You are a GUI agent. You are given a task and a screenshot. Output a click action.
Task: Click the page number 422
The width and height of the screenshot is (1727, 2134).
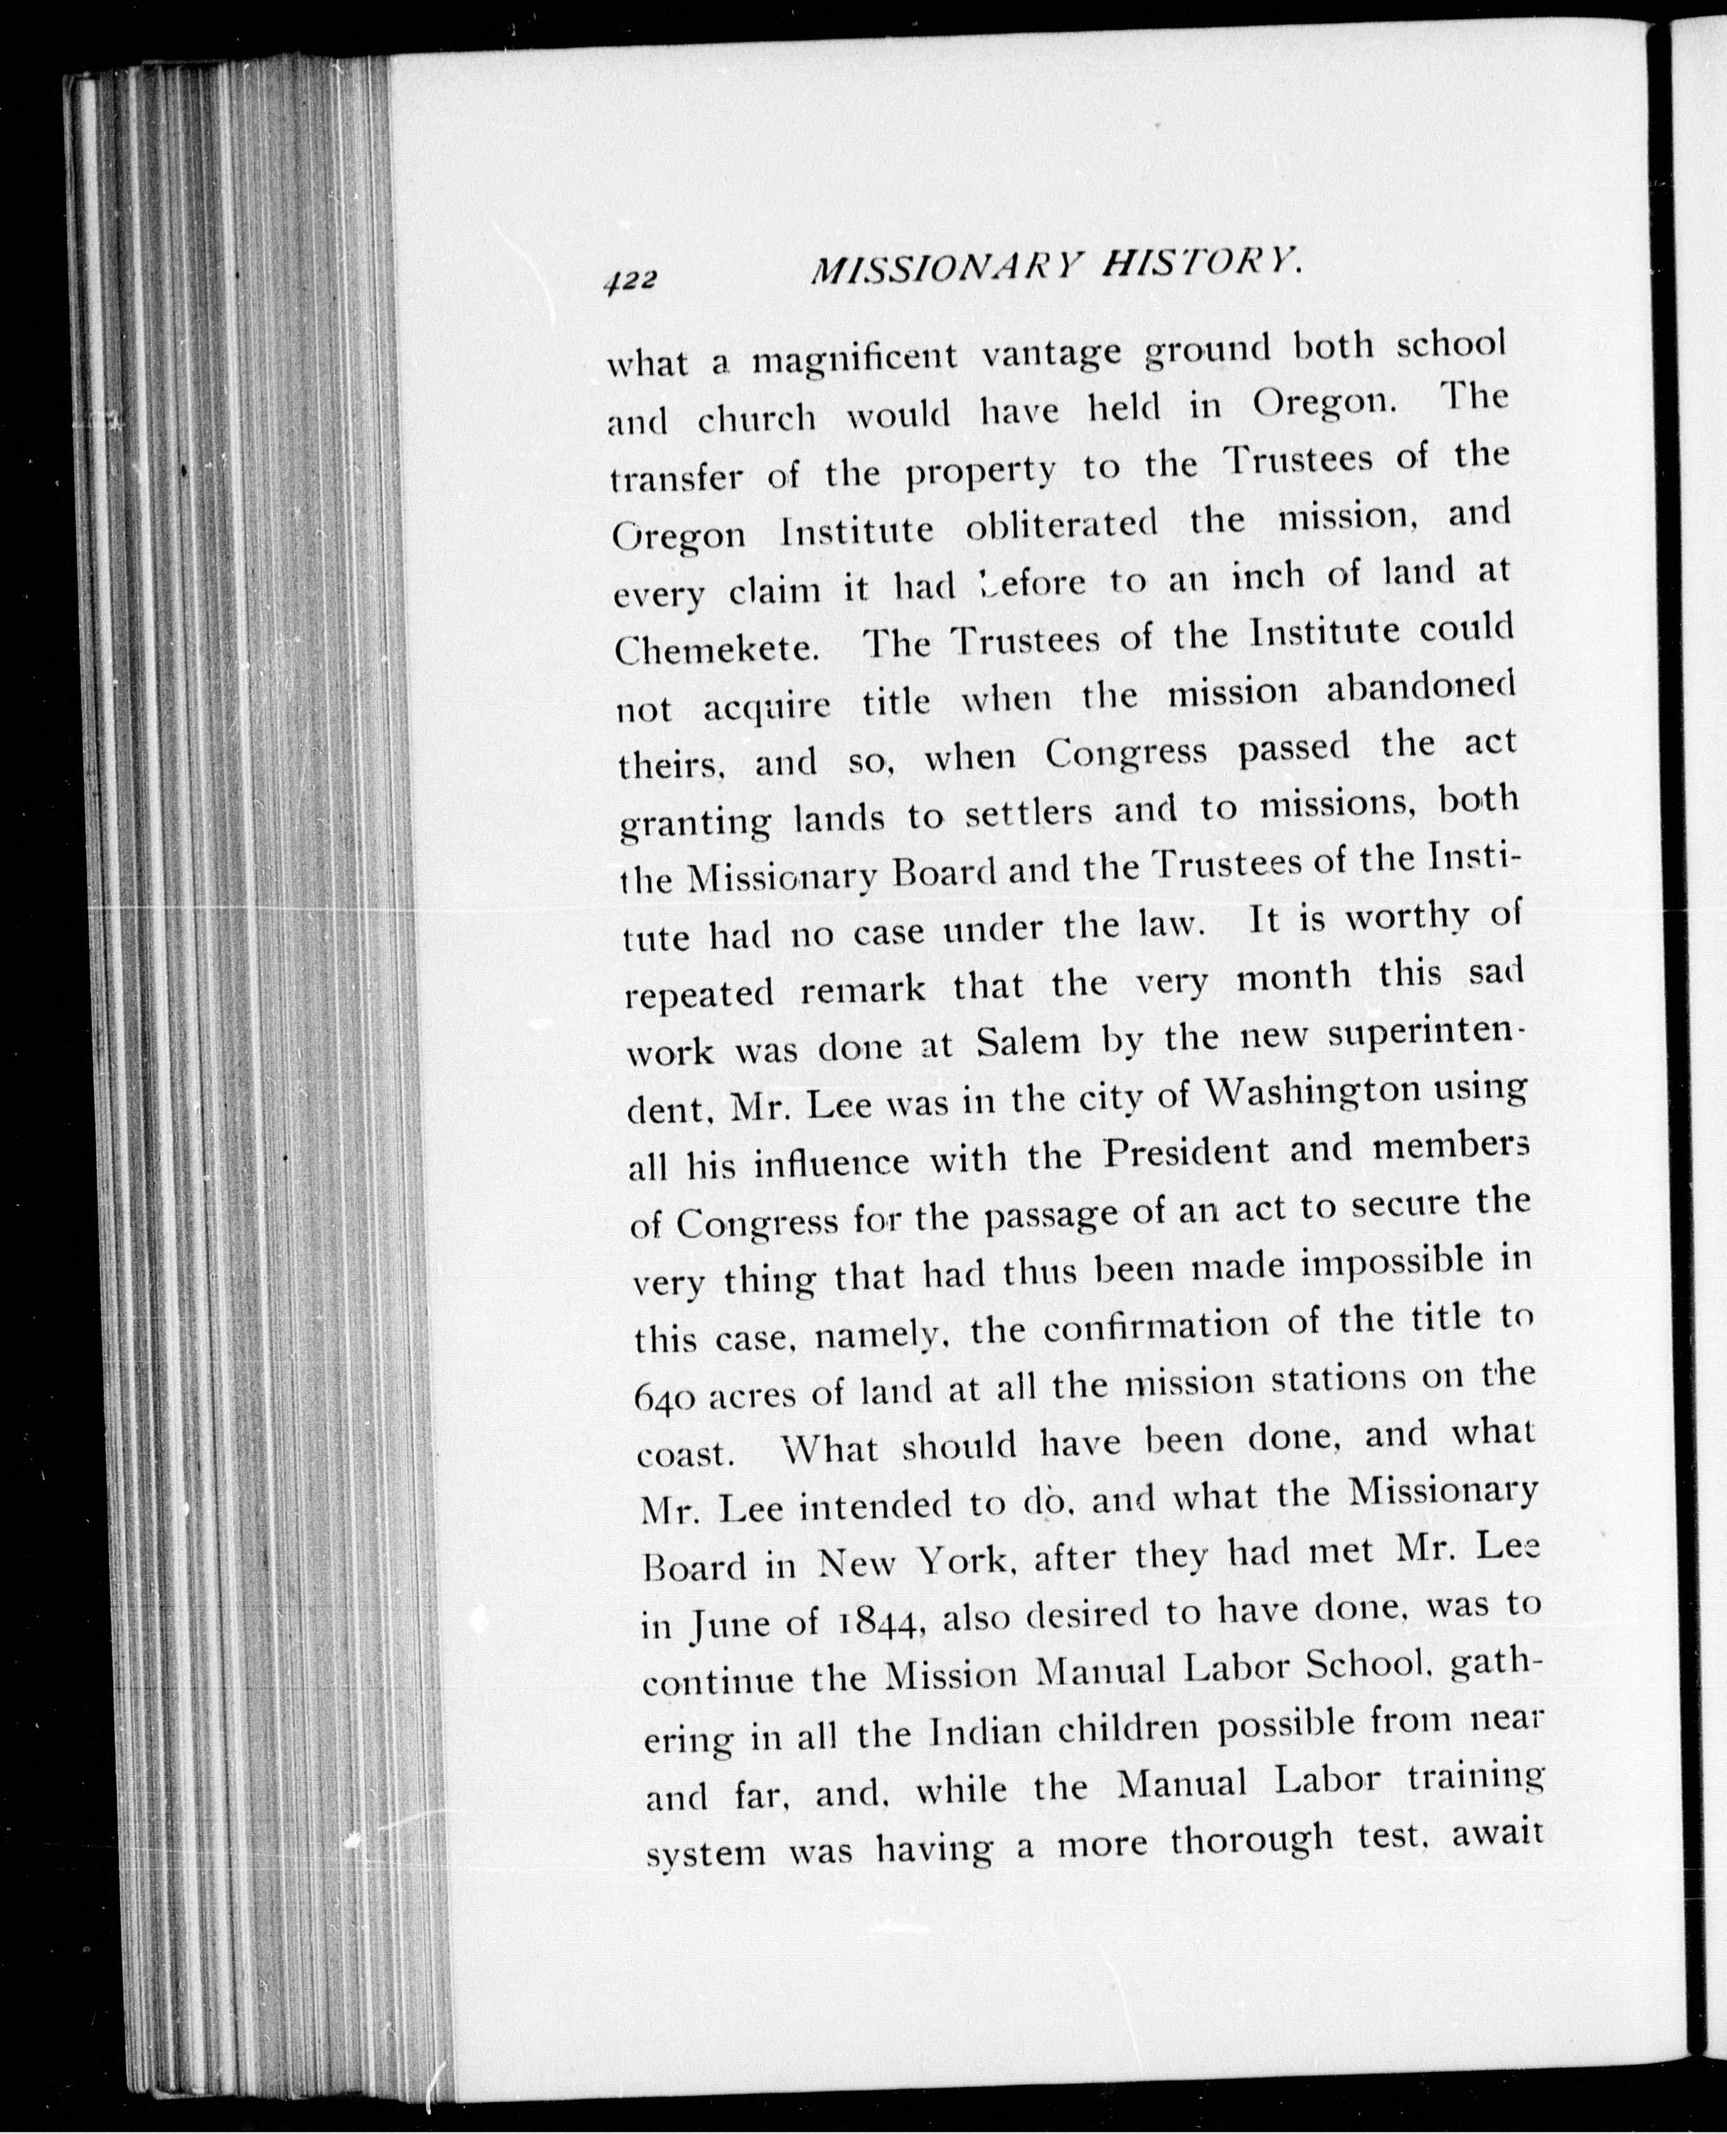(x=629, y=282)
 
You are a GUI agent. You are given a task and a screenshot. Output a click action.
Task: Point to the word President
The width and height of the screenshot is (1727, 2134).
(x=1187, y=1153)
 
